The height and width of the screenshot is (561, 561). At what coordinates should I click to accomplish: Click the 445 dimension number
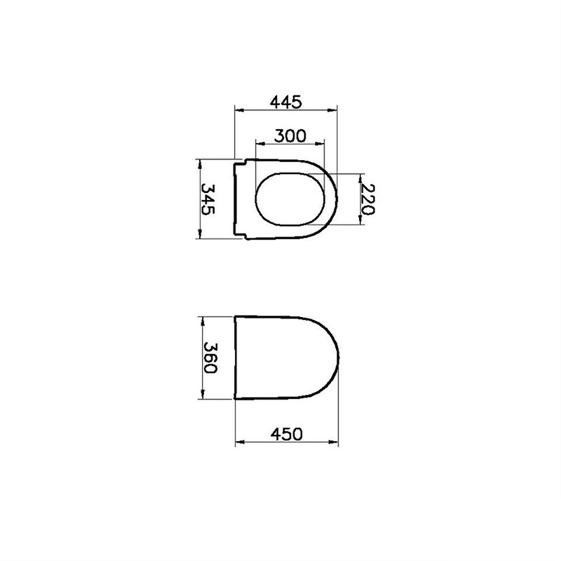click(285, 102)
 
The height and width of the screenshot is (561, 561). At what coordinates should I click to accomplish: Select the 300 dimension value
click(290, 135)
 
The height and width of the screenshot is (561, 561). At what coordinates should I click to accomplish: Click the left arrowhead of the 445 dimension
click(237, 110)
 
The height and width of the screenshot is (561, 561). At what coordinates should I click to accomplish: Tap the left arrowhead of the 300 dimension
click(259, 144)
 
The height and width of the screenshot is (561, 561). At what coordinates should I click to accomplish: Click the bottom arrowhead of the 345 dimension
click(200, 236)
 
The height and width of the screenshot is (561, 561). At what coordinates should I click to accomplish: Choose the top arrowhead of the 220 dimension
click(360, 176)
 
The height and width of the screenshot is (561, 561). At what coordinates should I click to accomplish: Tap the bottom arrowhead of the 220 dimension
click(360, 221)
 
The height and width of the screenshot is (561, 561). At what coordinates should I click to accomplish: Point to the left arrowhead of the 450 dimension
click(237, 442)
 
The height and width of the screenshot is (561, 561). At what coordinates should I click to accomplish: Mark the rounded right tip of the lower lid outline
click(339, 358)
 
